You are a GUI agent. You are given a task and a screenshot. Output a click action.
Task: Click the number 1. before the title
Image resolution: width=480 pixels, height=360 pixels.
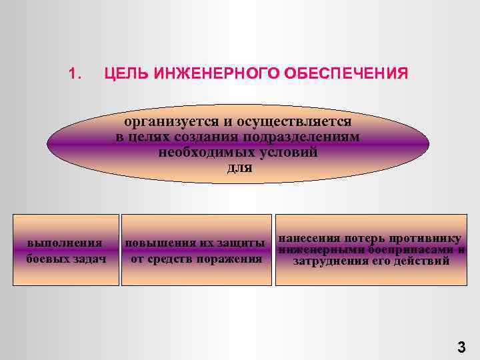coord(74,72)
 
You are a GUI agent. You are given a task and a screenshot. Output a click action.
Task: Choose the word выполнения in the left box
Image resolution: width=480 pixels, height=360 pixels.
coord(65,243)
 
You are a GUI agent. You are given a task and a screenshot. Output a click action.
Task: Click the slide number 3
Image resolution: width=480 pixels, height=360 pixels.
coord(461,347)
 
